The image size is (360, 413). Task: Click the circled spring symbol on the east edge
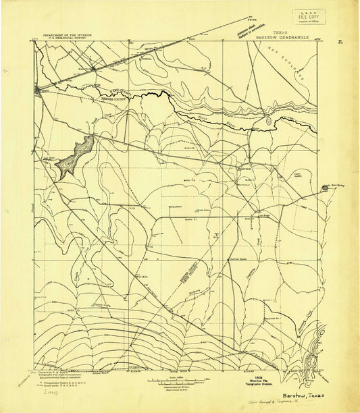point(326,189)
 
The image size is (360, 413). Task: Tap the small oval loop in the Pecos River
point(269,121)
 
